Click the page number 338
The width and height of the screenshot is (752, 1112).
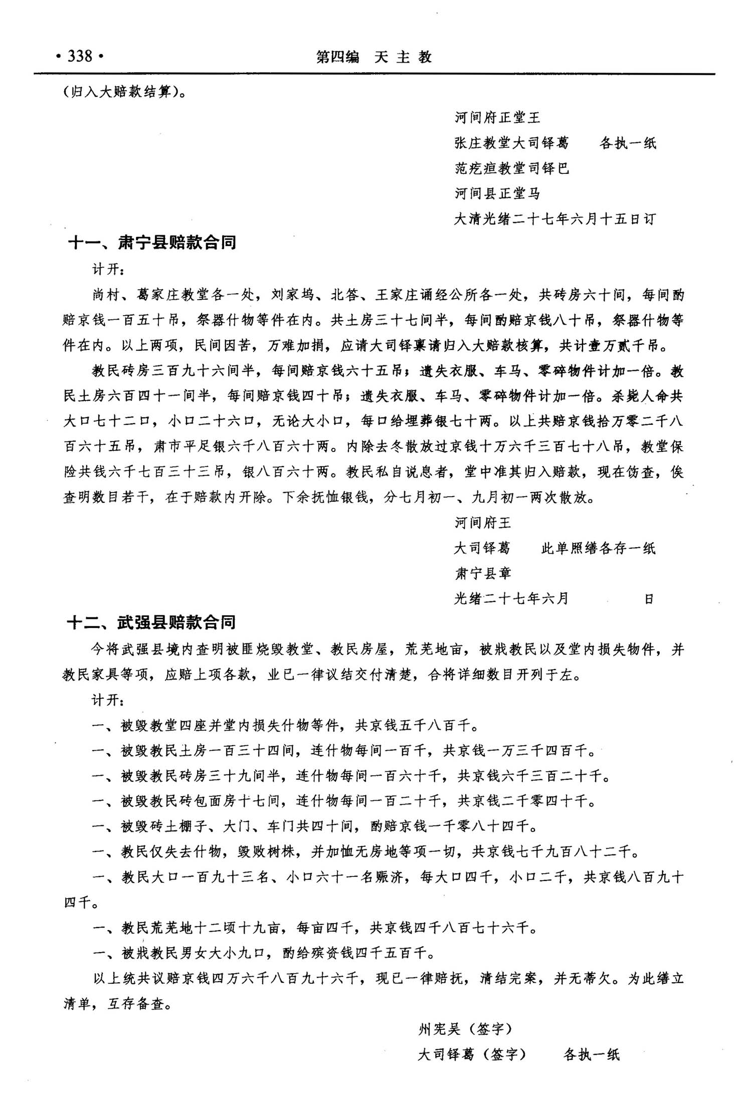80,56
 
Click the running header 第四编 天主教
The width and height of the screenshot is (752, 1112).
373,57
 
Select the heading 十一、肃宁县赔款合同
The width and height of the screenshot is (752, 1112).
152,243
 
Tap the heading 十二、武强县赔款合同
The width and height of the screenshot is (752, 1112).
151,623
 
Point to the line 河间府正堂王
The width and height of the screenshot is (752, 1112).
497,118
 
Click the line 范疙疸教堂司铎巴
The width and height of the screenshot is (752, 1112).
511,168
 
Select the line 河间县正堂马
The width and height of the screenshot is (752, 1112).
497,193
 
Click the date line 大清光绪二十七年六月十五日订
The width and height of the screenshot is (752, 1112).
554,219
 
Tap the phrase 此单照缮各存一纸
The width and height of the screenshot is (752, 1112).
598,548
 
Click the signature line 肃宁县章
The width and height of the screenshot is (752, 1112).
482,573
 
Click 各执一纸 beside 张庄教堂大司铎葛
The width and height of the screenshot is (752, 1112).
628,143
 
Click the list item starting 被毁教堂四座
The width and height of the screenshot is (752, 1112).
286,725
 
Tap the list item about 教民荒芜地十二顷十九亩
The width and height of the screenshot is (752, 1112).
315,928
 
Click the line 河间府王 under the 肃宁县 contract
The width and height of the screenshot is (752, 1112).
482,523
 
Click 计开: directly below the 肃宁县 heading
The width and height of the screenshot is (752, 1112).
108,269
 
